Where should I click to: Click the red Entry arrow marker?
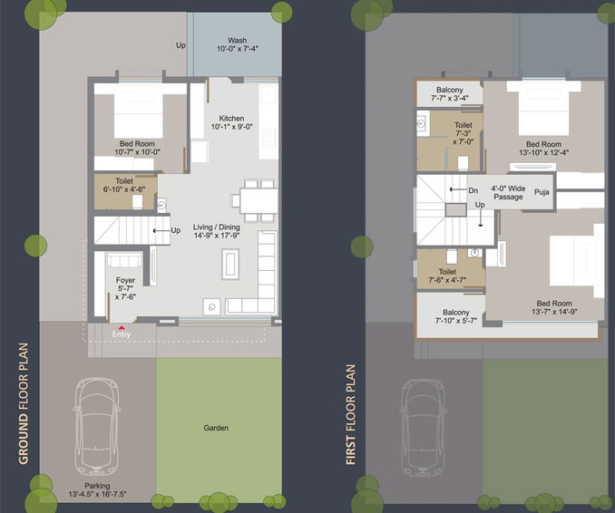coord(122,327)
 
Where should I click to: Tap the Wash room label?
coord(238,41)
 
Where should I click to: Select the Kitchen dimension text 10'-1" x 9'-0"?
coord(232,127)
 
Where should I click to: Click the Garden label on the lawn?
coord(216,428)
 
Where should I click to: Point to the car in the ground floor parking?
coord(96,426)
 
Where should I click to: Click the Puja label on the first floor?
coord(542,192)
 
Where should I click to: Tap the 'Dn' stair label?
coord(473,190)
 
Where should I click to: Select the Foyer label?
coord(125,280)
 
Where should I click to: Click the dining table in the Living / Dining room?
coord(259,200)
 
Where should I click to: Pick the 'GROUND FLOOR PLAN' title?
coord(24,403)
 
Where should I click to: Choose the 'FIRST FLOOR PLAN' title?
coord(350,414)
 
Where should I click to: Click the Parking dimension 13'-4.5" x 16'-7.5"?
coord(97,494)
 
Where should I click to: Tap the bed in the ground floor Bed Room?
coord(139,111)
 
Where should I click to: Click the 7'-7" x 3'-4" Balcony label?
coord(450,94)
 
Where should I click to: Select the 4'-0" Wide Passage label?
coord(508,192)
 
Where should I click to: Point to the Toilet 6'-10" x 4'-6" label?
coord(124,186)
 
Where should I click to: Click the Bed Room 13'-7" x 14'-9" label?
coord(554,307)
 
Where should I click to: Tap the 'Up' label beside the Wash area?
coord(181,45)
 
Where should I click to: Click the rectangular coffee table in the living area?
coord(230,264)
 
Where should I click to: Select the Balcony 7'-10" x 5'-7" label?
coord(456,316)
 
